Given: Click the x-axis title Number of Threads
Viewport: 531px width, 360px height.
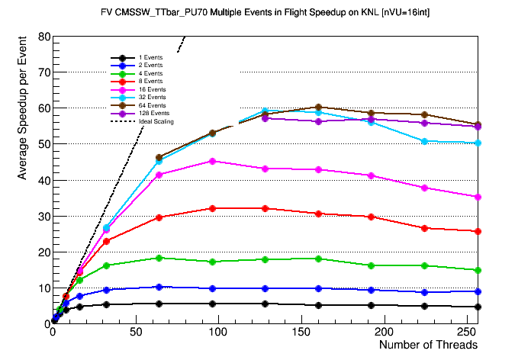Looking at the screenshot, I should tap(428, 345).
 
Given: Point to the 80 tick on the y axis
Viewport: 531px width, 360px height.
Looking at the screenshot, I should tap(44, 37).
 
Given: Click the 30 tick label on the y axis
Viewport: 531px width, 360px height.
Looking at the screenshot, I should tap(44, 217).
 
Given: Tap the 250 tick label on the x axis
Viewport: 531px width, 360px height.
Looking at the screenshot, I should tap(468, 333).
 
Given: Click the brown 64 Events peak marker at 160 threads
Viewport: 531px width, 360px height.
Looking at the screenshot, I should tap(318, 108).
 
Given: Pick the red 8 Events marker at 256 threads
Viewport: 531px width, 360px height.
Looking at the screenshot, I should tap(478, 231).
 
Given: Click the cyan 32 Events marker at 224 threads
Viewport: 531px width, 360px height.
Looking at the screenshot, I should tap(424, 141).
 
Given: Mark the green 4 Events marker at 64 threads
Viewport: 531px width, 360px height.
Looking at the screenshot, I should tap(159, 258).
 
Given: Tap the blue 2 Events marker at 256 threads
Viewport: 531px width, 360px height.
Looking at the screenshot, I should tap(478, 291).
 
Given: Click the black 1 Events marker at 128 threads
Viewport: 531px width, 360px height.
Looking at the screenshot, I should tap(265, 304).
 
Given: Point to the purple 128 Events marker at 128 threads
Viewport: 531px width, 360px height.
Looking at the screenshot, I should tap(265, 118).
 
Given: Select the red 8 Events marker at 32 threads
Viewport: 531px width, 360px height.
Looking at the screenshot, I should tap(106, 241).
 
